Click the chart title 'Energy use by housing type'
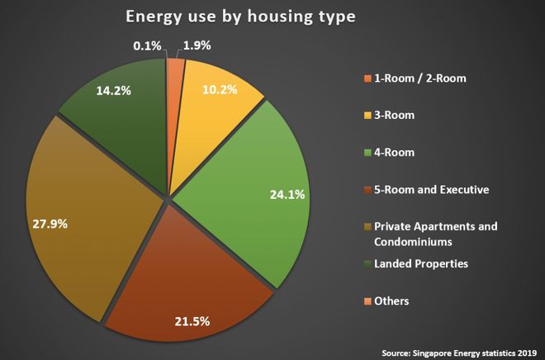[239, 17]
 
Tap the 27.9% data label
[50, 223]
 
